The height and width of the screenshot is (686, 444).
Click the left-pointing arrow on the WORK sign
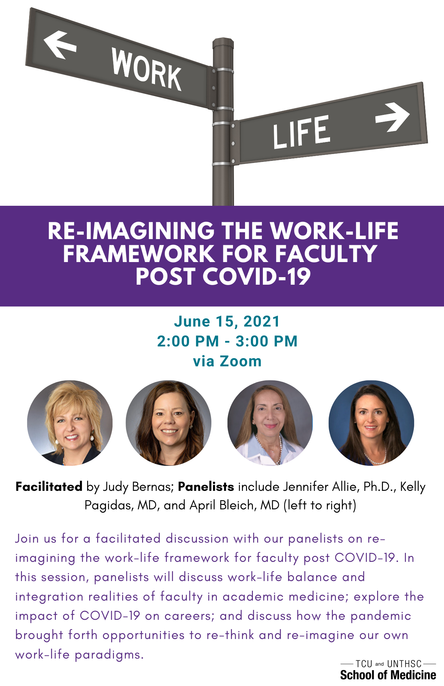(59, 45)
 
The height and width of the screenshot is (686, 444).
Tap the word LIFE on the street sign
(301, 132)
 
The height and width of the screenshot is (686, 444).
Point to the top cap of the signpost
(223, 43)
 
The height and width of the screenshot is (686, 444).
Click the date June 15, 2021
(227, 321)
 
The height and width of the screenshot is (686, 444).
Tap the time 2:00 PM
(188, 341)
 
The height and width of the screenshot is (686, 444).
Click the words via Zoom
(227, 361)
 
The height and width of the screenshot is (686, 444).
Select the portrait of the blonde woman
(70, 423)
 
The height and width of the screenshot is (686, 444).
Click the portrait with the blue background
(371, 423)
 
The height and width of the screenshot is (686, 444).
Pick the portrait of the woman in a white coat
(270, 423)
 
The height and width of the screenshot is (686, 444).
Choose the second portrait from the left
(168, 423)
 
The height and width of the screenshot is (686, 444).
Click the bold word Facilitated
(49, 486)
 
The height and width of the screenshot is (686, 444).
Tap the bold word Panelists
(206, 486)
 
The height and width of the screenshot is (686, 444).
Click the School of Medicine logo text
(388, 675)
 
